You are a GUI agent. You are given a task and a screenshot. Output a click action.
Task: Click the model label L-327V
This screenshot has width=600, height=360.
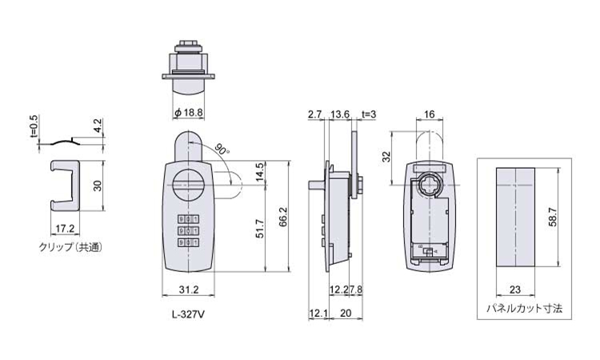pyautogui.click(x=188, y=315)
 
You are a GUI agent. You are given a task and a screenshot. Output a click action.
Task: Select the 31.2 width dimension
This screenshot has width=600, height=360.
pyautogui.click(x=189, y=290)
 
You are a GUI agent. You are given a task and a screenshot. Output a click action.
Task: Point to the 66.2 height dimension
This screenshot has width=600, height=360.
pyautogui.click(x=283, y=217)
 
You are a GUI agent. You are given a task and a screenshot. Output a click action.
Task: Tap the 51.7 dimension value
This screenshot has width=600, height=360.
pyautogui.click(x=260, y=228)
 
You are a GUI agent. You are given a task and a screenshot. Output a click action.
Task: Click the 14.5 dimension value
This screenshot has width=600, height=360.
pyautogui.click(x=260, y=172)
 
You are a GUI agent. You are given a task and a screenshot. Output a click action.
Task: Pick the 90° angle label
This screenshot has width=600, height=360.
pyautogui.click(x=222, y=150)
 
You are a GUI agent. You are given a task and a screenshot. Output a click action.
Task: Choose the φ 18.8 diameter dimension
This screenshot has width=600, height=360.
pyautogui.click(x=188, y=113)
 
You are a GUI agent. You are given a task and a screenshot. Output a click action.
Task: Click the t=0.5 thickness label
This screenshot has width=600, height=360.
pyautogui.click(x=34, y=126)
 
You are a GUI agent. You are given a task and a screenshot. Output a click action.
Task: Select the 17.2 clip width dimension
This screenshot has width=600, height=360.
pyautogui.click(x=65, y=229)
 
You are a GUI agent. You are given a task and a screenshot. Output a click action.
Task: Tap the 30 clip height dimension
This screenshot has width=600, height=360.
pyautogui.click(x=98, y=186)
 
